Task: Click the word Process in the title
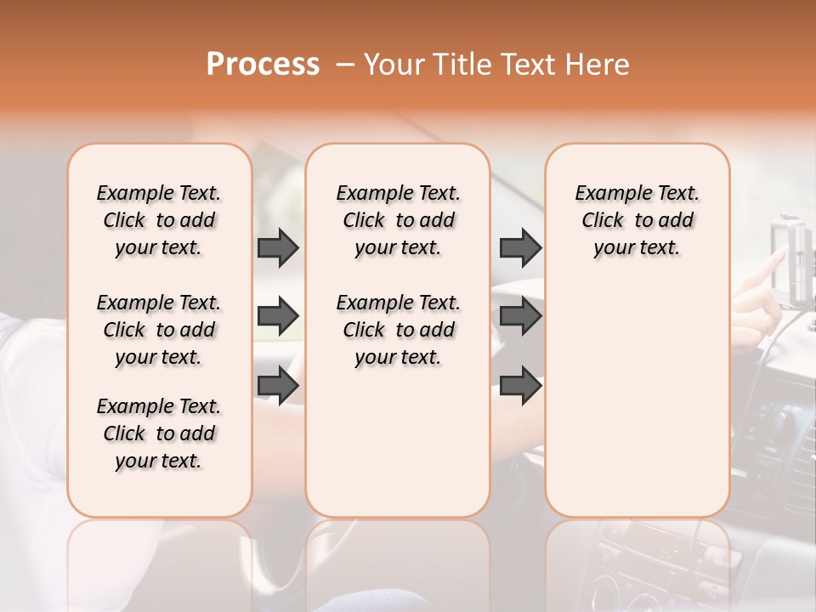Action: pos(263,65)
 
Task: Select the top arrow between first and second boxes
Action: pos(278,247)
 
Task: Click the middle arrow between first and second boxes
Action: pos(278,316)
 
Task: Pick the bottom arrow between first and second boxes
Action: pos(278,385)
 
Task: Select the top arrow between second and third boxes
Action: pos(520,247)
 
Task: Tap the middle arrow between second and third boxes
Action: pos(520,316)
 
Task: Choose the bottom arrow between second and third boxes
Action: pos(520,385)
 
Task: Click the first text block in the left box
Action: pos(159,220)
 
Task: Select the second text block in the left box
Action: pos(159,330)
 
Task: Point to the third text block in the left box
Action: pos(159,433)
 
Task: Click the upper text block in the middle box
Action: pos(398,220)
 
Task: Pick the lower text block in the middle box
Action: pos(398,330)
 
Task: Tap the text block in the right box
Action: pos(637,220)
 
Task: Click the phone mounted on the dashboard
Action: pos(793,259)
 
